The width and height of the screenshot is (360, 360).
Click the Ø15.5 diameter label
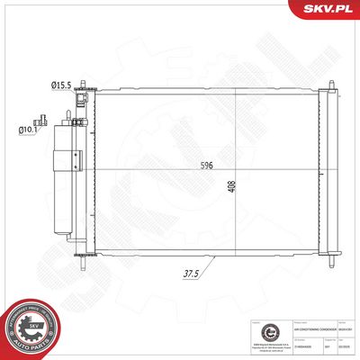61,85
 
